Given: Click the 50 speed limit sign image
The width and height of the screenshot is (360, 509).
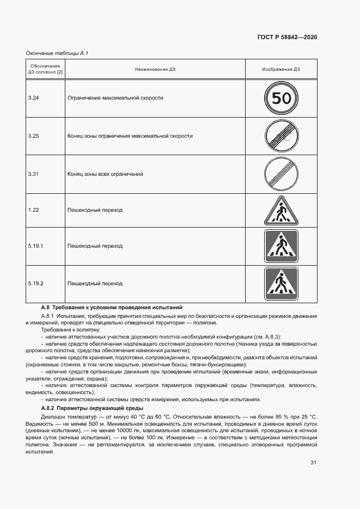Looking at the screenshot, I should click(281, 98).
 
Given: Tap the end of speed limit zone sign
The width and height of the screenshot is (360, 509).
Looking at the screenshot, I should click(281, 136).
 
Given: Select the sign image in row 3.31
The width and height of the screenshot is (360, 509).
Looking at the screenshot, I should click(281, 174).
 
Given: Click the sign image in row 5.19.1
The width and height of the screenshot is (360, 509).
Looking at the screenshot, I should click(281, 246).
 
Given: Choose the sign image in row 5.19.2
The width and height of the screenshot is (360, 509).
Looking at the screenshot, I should click(281, 284).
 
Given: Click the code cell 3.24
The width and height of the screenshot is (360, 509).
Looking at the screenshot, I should click(34, 98).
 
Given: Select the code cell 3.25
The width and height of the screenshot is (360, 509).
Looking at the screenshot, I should click(34, 136).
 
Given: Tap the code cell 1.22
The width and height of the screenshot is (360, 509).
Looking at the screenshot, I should click(34, 210).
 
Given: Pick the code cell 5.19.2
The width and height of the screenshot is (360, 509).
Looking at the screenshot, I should click(36, 284).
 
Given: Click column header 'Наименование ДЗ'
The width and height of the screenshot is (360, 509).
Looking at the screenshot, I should click(155, 70).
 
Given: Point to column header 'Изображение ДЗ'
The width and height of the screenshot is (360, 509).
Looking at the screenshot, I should click(281, 70).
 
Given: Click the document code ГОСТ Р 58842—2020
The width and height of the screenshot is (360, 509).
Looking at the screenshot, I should click(287, 37).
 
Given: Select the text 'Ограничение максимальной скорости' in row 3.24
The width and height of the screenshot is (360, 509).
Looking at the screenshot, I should click(115, 98).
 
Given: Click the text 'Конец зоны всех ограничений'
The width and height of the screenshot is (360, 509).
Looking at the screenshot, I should click(105, 174).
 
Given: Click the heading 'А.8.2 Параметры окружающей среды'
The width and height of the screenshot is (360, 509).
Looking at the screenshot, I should click(92, 408).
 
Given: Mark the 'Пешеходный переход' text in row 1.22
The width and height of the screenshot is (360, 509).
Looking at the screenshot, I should click(95, 210).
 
